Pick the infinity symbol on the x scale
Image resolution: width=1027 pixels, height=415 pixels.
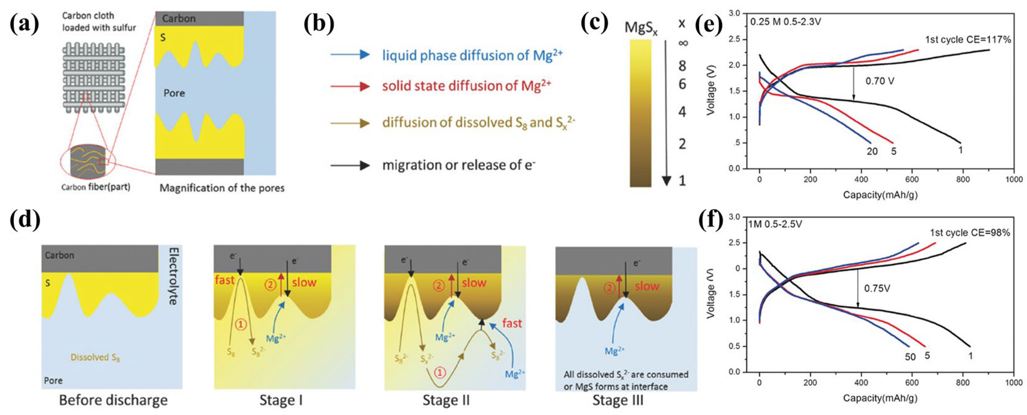tap(682, 43)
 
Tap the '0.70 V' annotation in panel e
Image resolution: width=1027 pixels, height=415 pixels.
tap(879, 81)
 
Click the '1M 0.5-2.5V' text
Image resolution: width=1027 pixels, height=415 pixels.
tap(775, 224)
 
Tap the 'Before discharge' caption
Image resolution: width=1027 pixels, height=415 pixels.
tap(113, 400)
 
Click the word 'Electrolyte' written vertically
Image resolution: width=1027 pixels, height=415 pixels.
tap(173, 276)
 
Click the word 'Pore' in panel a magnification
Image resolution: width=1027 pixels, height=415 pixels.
tap(174, 93)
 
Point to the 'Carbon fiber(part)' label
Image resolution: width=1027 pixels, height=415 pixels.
tap(96, 187)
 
